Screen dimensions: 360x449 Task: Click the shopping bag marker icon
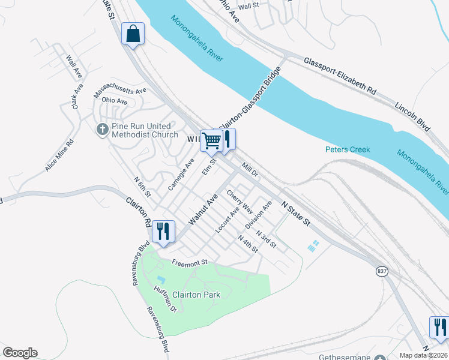point(133,34)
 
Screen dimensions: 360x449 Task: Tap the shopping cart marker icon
point(211,141)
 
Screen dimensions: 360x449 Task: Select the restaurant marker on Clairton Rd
point(163,231)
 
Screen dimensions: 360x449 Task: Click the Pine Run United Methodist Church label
point(144,130)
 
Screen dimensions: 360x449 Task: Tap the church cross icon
point(102,129)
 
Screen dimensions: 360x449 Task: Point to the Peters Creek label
point(348,149)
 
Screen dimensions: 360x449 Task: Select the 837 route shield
point(382,272)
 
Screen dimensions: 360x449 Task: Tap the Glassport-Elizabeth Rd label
point(340,77)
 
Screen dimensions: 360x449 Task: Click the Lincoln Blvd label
point(413,116)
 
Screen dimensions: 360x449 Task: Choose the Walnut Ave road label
point(203,209)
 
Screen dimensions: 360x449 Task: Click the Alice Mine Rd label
point(59,155)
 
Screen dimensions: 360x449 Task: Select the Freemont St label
point(189,262)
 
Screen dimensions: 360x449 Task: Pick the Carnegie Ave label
point(181,175)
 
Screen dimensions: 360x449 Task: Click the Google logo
point(20,353)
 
